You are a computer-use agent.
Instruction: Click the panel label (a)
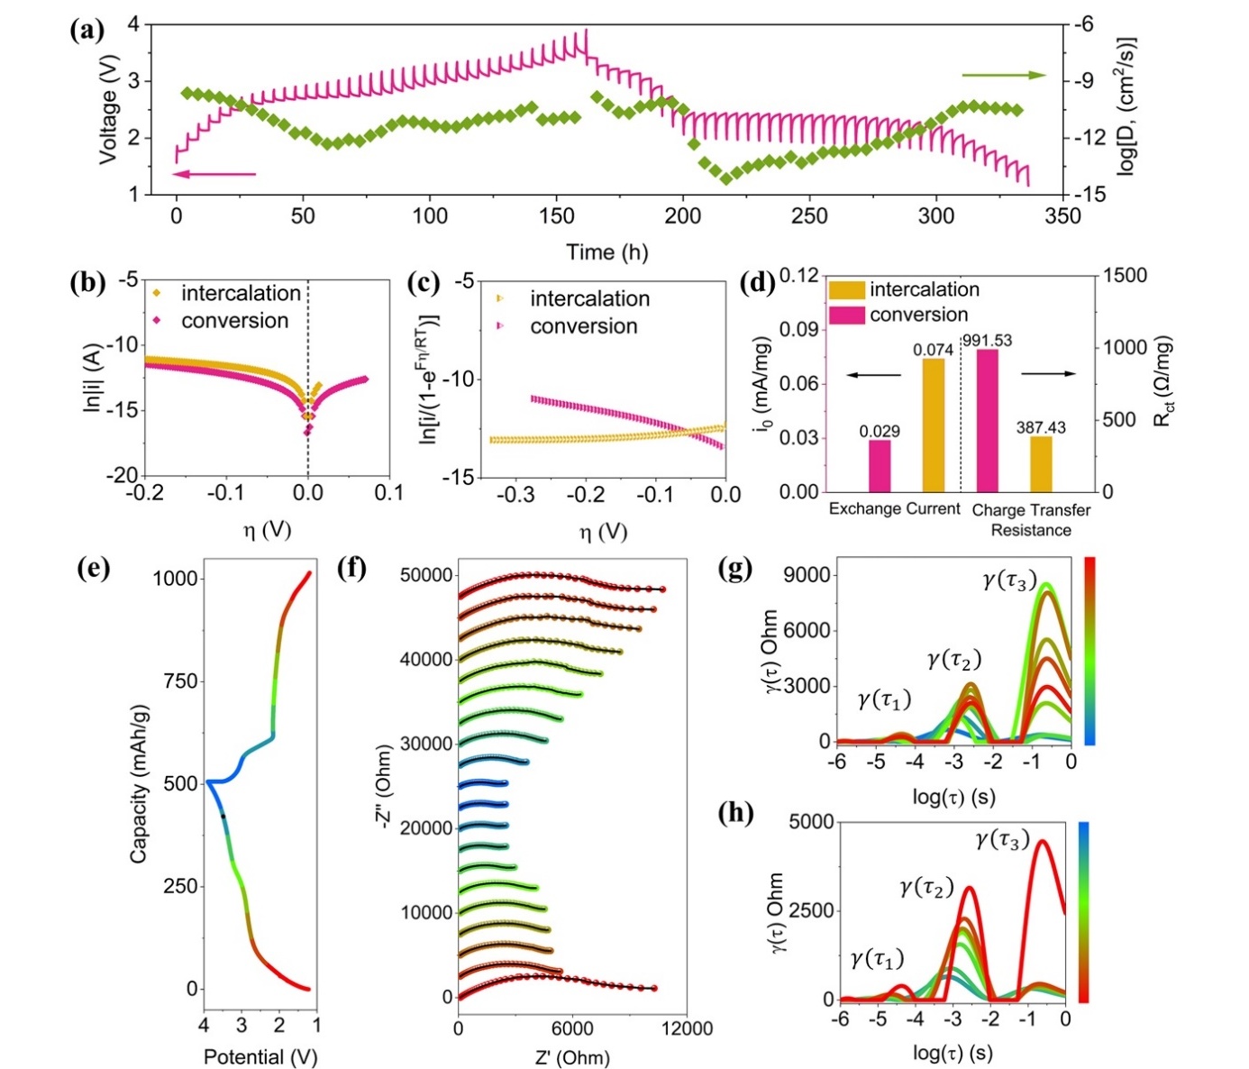[x=87, y=31]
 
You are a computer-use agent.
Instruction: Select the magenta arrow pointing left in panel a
[x=214, y=174]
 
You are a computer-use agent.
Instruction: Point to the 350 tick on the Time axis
[x=1063, y=216]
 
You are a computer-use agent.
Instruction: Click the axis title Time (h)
[x=606, y=252]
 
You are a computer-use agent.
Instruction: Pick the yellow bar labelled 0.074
[x=933, y=425]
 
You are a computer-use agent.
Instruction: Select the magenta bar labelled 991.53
[x=988, y=420]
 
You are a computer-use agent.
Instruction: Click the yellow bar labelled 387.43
[x=1041, y=464]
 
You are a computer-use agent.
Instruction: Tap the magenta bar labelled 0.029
[x=880, y=465]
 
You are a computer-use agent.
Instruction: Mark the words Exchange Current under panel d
[x=894, y=509]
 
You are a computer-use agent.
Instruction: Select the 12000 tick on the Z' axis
[x=687, y=1028]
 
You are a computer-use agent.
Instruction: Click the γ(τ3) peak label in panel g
[x=1009, y=581]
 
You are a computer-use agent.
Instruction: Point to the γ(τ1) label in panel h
[x=876, y=959]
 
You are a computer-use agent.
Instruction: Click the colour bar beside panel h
[x=1084, y=910]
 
